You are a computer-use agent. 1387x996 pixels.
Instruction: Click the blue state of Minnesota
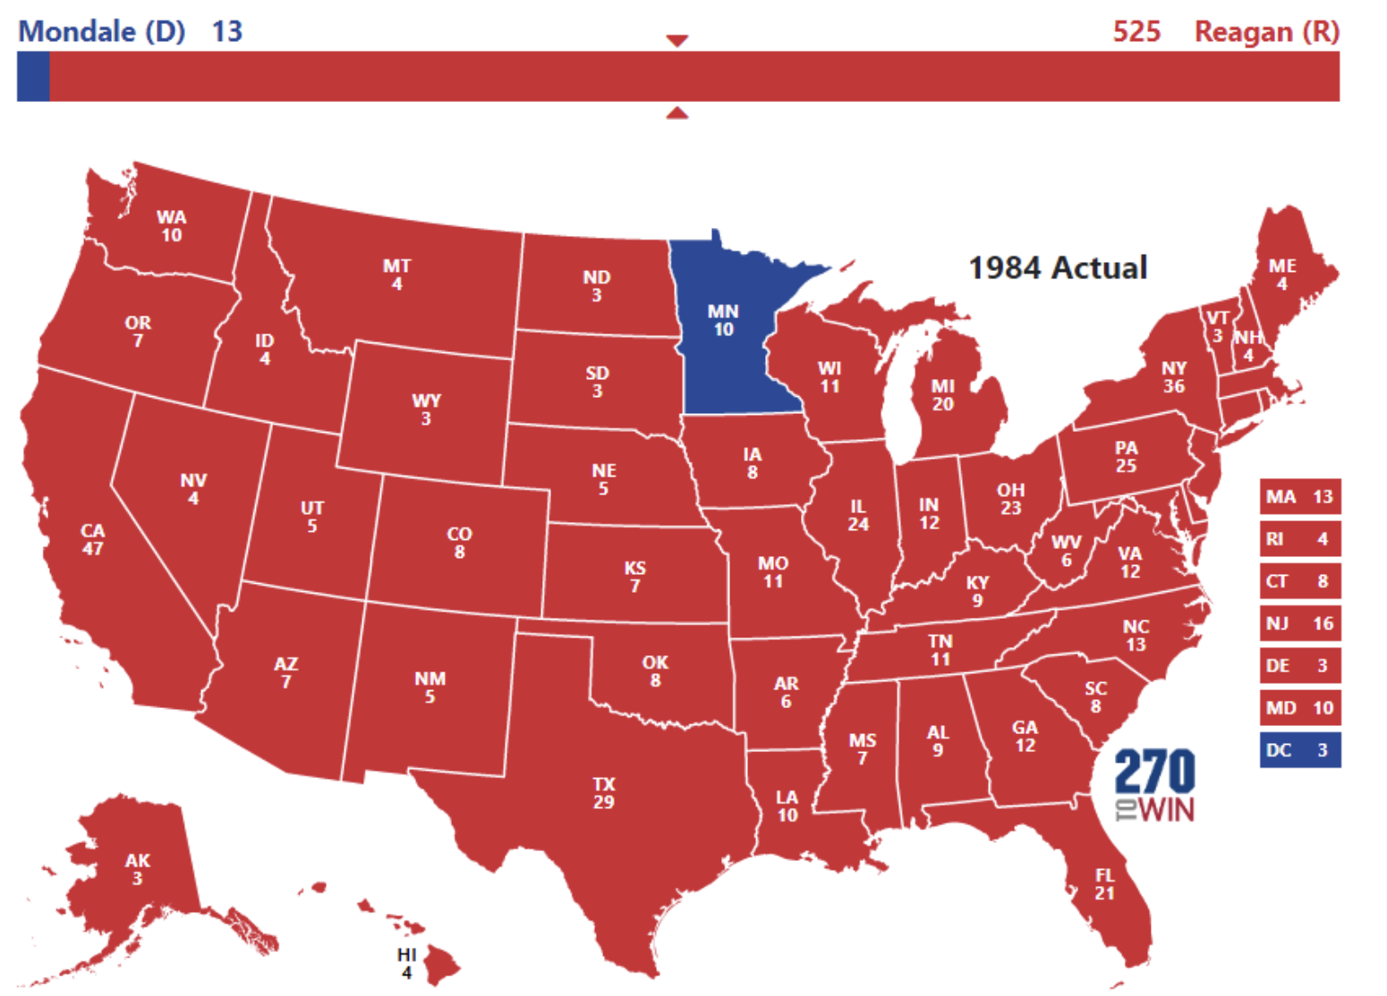click(x=725, y=340)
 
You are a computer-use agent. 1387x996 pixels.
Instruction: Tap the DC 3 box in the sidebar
click(x=1299, y=750)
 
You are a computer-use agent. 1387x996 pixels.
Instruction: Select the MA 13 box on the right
click(x=1299, y=496)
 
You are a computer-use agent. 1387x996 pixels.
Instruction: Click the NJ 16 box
click(x=1299, y=623)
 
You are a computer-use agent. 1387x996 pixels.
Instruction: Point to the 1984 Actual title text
click(x=1058, y=268)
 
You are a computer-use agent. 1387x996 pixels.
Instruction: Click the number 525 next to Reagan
click(x=1136, y=32)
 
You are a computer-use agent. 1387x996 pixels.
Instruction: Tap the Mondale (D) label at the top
click(x=101, y=32)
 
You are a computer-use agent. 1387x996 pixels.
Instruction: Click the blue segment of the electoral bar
click(x=33, y=77)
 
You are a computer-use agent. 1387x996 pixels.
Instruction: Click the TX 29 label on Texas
click(x=604, y=793)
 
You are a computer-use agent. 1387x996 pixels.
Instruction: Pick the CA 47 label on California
click(x=93, y=539)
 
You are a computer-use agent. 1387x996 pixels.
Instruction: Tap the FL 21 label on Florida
click(x=1105, y=883)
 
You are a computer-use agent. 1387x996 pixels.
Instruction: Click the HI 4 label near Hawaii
click(x=407, y=963)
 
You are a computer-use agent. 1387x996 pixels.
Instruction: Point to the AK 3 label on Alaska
click(x=138, y=869)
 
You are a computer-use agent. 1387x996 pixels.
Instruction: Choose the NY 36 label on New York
click(x=1173, y=376)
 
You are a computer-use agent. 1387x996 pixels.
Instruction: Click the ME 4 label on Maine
click(x=1281, y=274)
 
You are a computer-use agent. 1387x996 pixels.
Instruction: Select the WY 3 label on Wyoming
click(x=426, y=409)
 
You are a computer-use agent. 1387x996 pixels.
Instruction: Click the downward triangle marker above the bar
click(x=677, y=40)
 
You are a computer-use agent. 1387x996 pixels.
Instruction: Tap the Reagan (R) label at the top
click(x=1266, y=32)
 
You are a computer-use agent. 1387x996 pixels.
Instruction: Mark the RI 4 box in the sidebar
click(x=1299, y=539)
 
